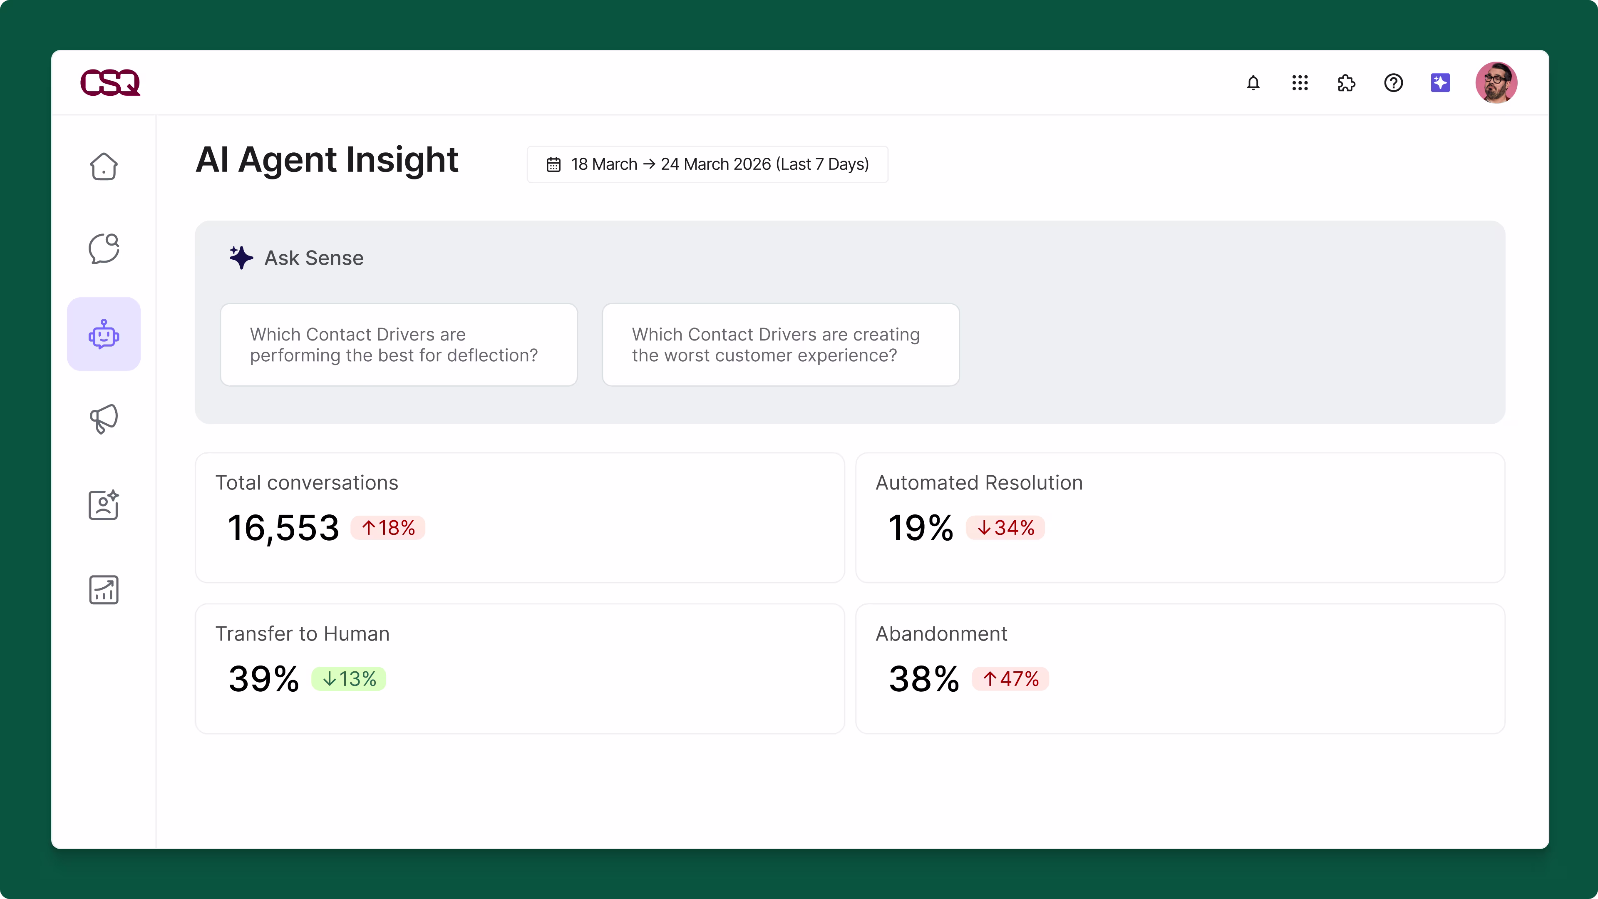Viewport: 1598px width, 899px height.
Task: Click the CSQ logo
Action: click(110, 82)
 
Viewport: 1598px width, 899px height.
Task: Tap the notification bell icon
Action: click(1253, 82)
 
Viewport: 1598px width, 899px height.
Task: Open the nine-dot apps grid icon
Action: click(1300, 82)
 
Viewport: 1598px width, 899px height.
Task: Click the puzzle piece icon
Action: click(1346, 82)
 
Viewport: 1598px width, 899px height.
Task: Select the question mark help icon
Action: click(1393, 82)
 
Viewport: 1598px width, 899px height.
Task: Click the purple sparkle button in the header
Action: click(1440, 82)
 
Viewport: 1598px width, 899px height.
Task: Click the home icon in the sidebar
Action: click(104, 166)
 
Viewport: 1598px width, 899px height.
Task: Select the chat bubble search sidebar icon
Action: click(104, 249)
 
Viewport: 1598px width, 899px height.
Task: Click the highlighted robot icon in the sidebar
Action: click(104, 334)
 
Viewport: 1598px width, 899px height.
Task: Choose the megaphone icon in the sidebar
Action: click(104, 419)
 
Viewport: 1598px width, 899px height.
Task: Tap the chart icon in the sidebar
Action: click(104, 589)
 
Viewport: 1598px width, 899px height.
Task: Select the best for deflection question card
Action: click(399, 345)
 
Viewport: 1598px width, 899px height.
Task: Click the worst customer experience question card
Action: click(780, 345)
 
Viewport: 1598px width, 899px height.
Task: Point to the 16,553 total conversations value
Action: click(283, 528)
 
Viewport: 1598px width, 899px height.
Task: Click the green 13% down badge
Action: click(349, 679)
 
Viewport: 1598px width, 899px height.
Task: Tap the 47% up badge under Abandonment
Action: click(1010, 679)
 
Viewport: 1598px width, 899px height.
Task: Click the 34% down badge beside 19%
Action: click(1005, 528)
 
